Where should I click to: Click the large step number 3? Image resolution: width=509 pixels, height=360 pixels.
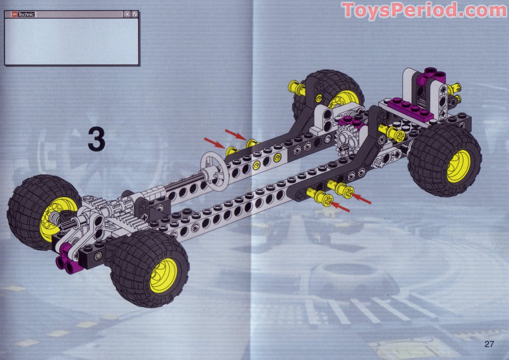96,139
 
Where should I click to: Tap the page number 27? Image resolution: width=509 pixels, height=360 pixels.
489,344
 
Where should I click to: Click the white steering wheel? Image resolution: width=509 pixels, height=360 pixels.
214,170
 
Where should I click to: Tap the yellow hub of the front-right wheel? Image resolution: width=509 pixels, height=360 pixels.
163,275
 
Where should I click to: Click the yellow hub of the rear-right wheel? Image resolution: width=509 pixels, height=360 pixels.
458,166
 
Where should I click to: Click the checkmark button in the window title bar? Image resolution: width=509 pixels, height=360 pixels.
135,14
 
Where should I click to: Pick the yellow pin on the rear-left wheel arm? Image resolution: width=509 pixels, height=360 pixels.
296,87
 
